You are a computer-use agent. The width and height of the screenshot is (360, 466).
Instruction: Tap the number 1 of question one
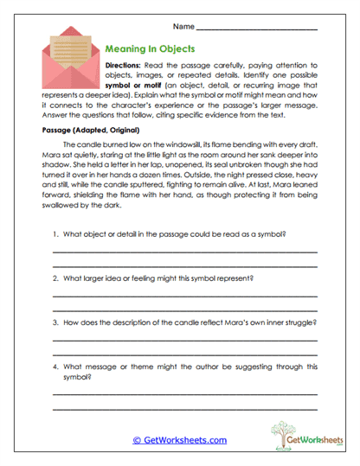point(55,235)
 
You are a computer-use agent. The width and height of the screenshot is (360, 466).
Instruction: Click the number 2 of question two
point(55,278)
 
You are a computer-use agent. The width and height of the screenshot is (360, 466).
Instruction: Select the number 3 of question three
point(55,322)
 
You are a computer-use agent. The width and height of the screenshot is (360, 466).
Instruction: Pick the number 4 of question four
point(55,365)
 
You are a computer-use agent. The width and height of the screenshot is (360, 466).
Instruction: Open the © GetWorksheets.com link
point(179,439)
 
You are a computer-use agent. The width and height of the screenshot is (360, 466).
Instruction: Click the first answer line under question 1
point(184,251)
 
